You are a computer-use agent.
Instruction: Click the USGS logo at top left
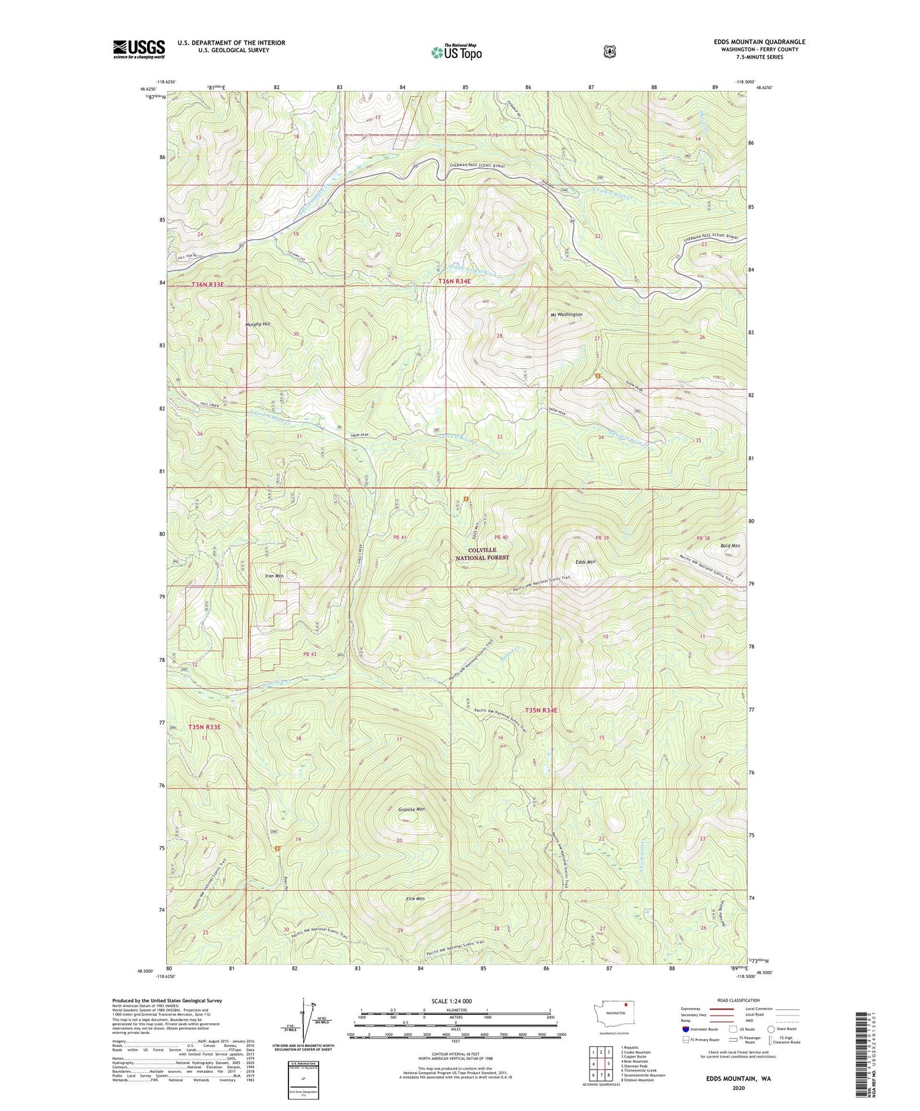pos(139,48)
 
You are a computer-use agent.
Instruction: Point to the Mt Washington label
pos(566,315)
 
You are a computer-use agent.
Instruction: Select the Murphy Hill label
pos(258,325)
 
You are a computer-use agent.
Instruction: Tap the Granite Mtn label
pos(411,809)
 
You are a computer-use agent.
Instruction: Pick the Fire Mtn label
pos(414,899)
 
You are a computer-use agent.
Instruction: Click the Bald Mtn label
pos(730,546)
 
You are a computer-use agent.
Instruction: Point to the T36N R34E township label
pos(454,281)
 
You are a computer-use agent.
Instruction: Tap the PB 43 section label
pos(309,654)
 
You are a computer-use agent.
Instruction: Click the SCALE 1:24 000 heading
pos(451,1001)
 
